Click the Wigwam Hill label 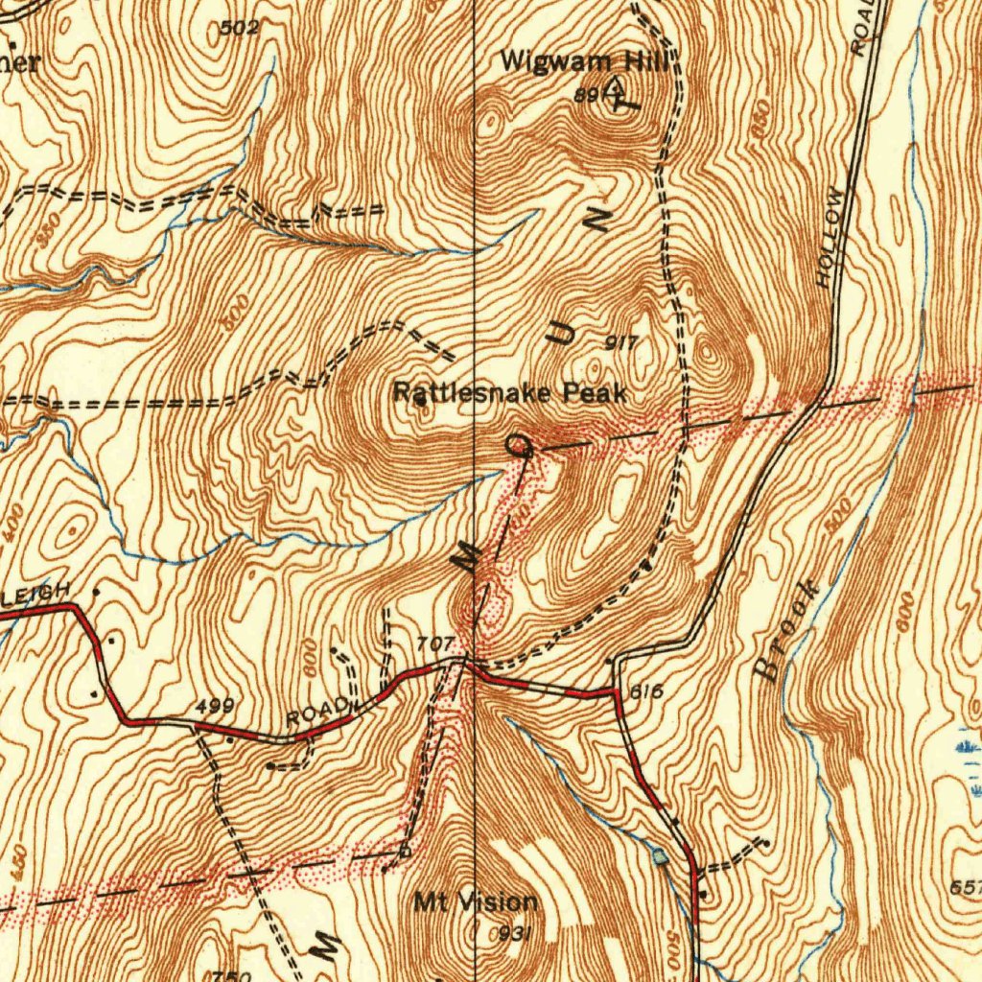pos(584,62)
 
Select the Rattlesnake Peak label pos(510,392)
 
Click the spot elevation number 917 pos(621,342)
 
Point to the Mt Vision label pos(476,901)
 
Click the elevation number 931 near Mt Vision pos(516,933)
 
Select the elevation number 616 pos(648,691)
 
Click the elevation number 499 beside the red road pos(214,708)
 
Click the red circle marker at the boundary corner pos(518,444)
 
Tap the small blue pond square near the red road pos(659,856)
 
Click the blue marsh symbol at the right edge pos(968,745)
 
